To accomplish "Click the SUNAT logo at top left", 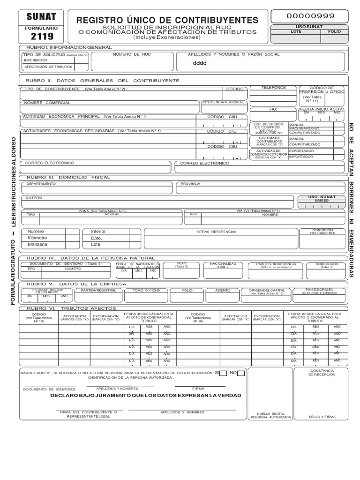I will click(x=41, y=17).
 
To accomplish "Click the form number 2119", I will click(x=42, y=37).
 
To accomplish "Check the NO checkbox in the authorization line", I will click(x=240, y=373).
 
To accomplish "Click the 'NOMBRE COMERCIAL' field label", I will click(x=47, y=103).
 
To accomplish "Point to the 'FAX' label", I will click(x=273, y=109).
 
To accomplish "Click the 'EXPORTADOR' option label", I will click(x=302, y=151).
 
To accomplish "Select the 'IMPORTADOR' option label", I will click(x=301, y=157).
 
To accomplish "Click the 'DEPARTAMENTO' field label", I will click(x=41, y=184).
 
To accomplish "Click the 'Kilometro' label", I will click(x=37, y=238).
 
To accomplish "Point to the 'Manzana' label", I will click(x=37, y=244).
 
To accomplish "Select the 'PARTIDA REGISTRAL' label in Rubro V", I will click(x=98, y=290).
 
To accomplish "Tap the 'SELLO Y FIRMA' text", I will click(x=322, y=416).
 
